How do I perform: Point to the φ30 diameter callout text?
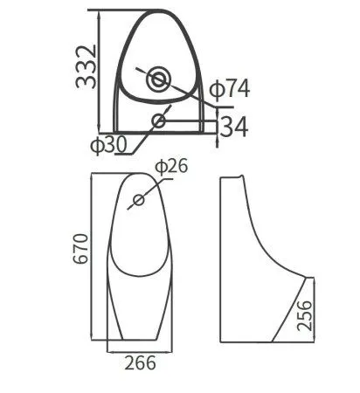coord(110,144)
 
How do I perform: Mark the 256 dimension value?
coord(304,310)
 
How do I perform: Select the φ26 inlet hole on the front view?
coord(138,200)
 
